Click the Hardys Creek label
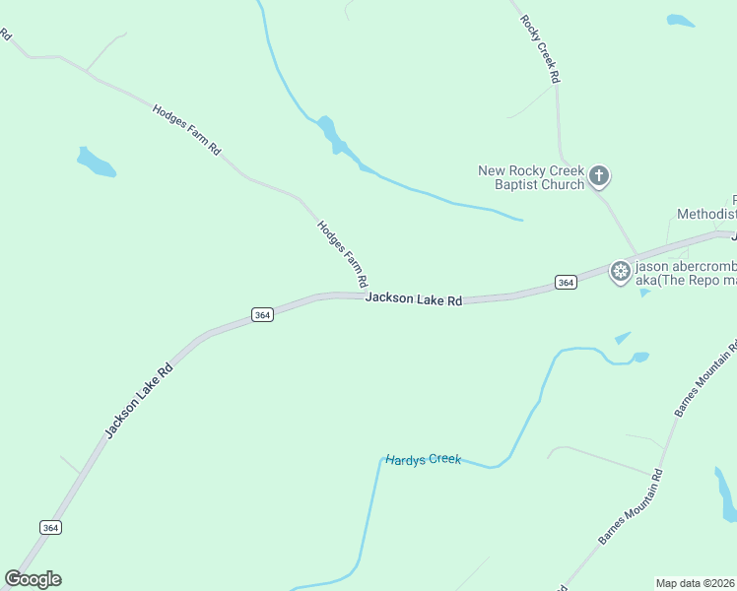pos(423,460)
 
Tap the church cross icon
pos(598,177)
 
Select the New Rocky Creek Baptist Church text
pos(531,177)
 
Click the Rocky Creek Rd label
pos(541,48)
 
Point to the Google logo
pos(33,579)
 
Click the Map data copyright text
pos(696,583)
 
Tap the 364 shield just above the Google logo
pos(51,528)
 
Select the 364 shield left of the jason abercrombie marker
pos(565,283)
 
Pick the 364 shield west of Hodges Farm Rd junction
pos(261,315)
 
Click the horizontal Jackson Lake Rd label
pos(414,298)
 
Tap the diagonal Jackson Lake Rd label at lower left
pos(139,401)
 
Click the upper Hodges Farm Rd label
pos(186,128)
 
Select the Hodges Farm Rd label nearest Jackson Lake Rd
pos(342,254)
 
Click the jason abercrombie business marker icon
pos(620,271)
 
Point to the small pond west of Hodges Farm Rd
pos(96,163)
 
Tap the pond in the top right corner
pos(680,20)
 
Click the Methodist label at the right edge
pos(706,214)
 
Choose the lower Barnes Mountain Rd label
pos(631,506)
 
